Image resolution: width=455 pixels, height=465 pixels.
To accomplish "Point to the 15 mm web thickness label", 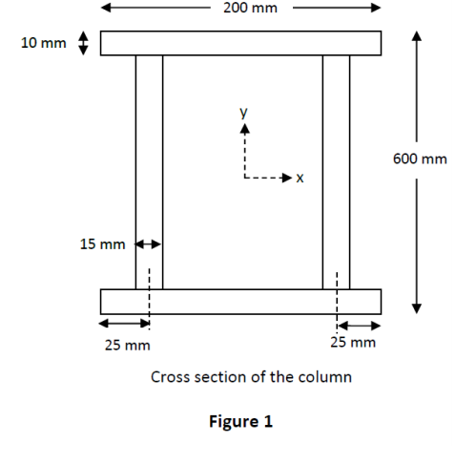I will [x=102, y=244].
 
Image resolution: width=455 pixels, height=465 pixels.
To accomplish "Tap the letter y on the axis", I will [x=244, y=113].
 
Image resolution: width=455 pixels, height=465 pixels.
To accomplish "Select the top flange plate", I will [x=240, y=44].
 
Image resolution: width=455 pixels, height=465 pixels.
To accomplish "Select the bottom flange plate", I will [x=240, y=301].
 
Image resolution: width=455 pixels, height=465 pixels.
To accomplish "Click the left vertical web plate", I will [x=149, y=172].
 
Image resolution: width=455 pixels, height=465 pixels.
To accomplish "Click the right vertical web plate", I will [x=336, y=172].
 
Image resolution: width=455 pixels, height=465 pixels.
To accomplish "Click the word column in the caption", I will [x=326, y=377].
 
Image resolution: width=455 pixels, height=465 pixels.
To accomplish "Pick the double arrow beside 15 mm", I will [x=149, y=244].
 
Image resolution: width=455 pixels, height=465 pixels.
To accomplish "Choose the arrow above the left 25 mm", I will [x=125, y=323].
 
